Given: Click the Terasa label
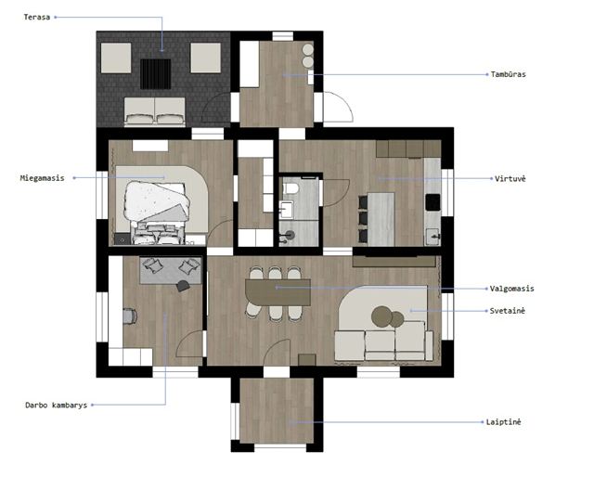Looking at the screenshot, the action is (37, 17).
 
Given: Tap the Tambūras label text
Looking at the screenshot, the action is (508, 74).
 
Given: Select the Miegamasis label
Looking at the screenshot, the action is (42, 178).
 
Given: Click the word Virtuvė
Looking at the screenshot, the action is (510, 178).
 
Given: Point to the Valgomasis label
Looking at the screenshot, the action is (511, 289).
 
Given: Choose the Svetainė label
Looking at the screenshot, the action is (508, 311).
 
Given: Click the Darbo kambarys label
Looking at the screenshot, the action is (56, 405).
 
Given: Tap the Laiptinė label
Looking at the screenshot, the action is (503, 421).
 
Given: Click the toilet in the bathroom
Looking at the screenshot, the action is (291, 187).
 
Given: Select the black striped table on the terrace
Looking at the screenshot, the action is (155, 74).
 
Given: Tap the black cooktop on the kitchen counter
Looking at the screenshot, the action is (433, 202).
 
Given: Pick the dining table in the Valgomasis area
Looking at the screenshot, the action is (278, 292).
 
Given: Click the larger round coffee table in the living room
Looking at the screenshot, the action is (381, 316).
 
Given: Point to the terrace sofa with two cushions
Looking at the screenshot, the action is (155, 111).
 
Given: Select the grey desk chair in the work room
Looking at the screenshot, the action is (130, 316).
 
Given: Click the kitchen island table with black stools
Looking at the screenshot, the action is (381, 219).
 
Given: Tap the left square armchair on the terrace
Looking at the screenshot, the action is (116, 58).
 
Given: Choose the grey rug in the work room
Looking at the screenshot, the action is (171, 270).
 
